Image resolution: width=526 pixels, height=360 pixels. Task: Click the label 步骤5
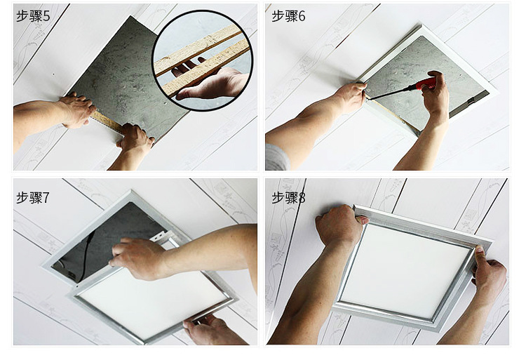pyautogui.click(x=33, y=15)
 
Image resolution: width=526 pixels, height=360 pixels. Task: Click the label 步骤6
pyautogui.click(x=288, y=15)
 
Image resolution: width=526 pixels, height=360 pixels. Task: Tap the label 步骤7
pyautogui.click(x=33, y=197)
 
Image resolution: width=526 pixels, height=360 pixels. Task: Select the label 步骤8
pyautogui.click(x=288, y=197)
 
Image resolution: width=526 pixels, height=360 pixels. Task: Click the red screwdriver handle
pyautogui.click(x=426, y=84)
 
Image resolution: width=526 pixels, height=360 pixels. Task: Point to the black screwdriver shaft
pyautogui.click(x=391, y=93)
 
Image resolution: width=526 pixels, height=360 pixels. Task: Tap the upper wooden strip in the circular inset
pyautogui.click(x=197, y=50)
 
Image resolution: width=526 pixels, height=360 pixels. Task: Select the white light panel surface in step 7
pyautogui.click(x=151, y=300)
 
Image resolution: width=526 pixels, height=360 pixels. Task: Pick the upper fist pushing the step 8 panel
pyautogui.click(x=339, y=225)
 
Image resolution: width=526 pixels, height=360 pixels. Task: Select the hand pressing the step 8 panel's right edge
pyautogui.click(x=488, y=272)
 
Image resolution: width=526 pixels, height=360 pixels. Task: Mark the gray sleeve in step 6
pyautogui.click(x=277, y=157)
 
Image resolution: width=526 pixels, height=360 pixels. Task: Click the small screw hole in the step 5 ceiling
pyautogui.click(x=53, y=74)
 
